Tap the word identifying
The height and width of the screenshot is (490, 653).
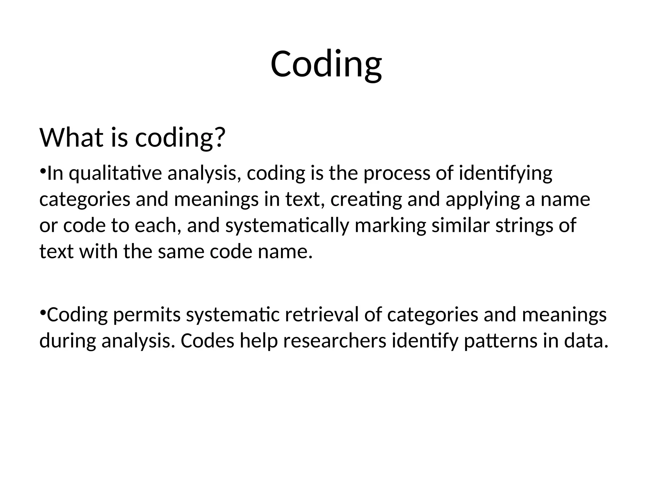point(505,174)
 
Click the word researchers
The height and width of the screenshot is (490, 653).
point(334,341)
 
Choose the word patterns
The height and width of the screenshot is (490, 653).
point(500,341)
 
